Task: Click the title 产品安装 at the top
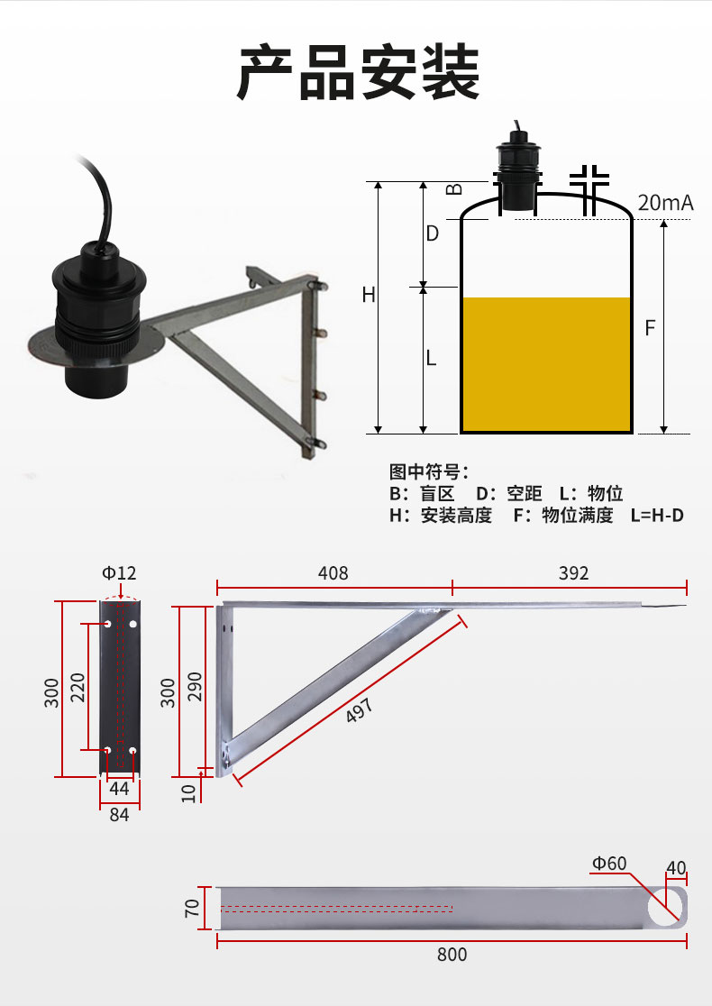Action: (359, 72)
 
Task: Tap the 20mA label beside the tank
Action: (665, 203)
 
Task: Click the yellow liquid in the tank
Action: (546, 364)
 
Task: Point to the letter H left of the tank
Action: (369, 295)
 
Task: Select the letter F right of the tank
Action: (650, 328)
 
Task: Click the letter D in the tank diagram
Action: (433, 233)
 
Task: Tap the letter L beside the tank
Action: (431, 357)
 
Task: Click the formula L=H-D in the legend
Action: (657, 516)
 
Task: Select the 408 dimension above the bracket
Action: (333, 573)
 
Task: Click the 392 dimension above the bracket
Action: (573, 573)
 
